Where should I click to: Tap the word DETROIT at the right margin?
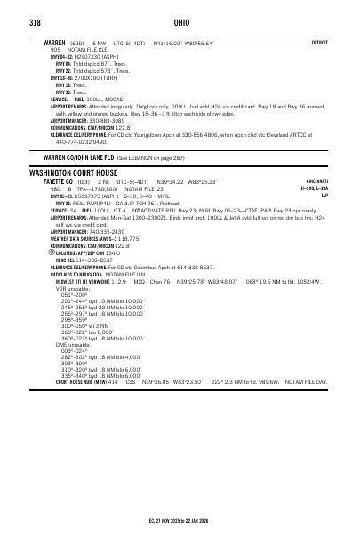319,42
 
